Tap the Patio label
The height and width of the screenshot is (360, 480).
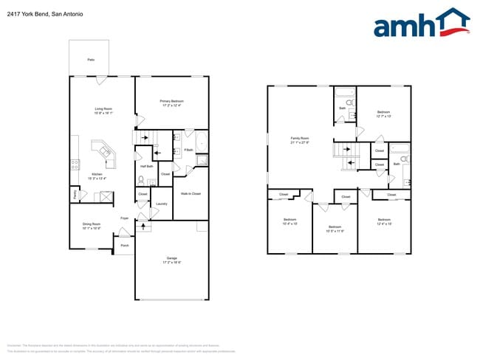click(x=90, y=59)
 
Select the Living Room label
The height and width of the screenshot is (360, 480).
click(x=103, y=111)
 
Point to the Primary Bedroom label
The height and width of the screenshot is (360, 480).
click(x=171, y=103)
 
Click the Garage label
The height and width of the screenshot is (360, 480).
click(x=171, y=260)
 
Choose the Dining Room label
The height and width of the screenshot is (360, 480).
click(x=92, y=226)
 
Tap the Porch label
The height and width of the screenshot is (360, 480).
click(x=124, y=245)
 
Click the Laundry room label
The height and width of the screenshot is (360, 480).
click(x=162, y=204)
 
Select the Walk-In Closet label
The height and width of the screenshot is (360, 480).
click(x=191, y=194)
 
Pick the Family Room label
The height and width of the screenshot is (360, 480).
click(x=299, y=140)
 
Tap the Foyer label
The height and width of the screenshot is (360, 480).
click(x=125, y=218)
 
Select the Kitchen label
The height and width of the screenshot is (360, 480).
click(x=97, y=176)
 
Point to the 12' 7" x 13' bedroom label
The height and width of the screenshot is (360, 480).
click(x=383, y=114)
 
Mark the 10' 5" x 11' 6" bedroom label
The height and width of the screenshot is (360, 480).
click(x=335, y=229)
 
